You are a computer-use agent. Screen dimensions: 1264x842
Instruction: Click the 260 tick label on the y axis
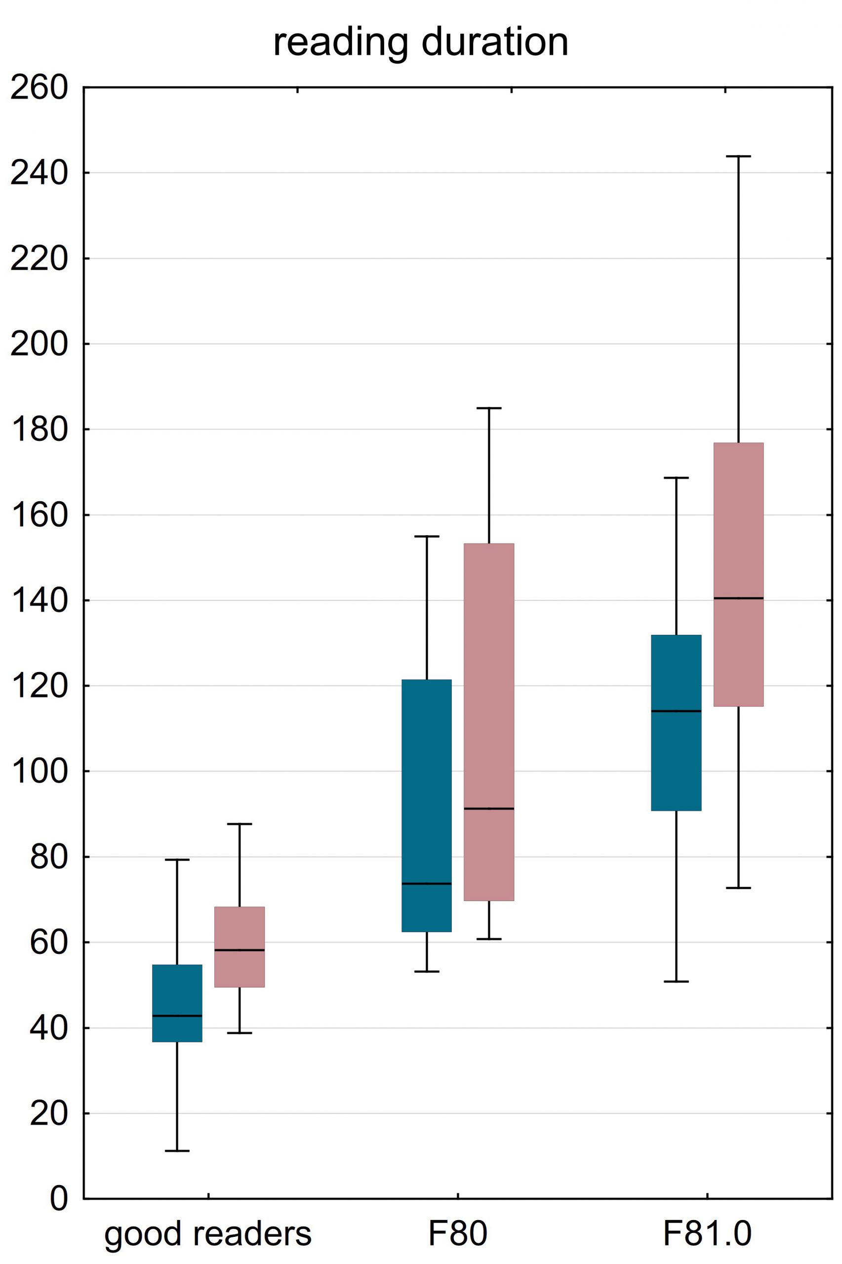[x=40, y=87]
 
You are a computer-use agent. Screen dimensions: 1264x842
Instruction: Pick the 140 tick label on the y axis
[x=40, y=600]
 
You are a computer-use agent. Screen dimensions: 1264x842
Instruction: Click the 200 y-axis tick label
[x=40, y=344]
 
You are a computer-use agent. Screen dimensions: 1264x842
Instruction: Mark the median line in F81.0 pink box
[x=738, y=598]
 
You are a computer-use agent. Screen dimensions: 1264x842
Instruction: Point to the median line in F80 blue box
[x=427, y=883]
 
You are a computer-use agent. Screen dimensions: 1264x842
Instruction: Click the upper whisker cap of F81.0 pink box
[x=738, y=156]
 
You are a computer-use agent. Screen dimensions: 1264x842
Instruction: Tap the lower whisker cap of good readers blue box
[x=177, y=1151]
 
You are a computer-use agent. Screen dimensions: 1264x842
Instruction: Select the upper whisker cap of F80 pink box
[x=489, y=408]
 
